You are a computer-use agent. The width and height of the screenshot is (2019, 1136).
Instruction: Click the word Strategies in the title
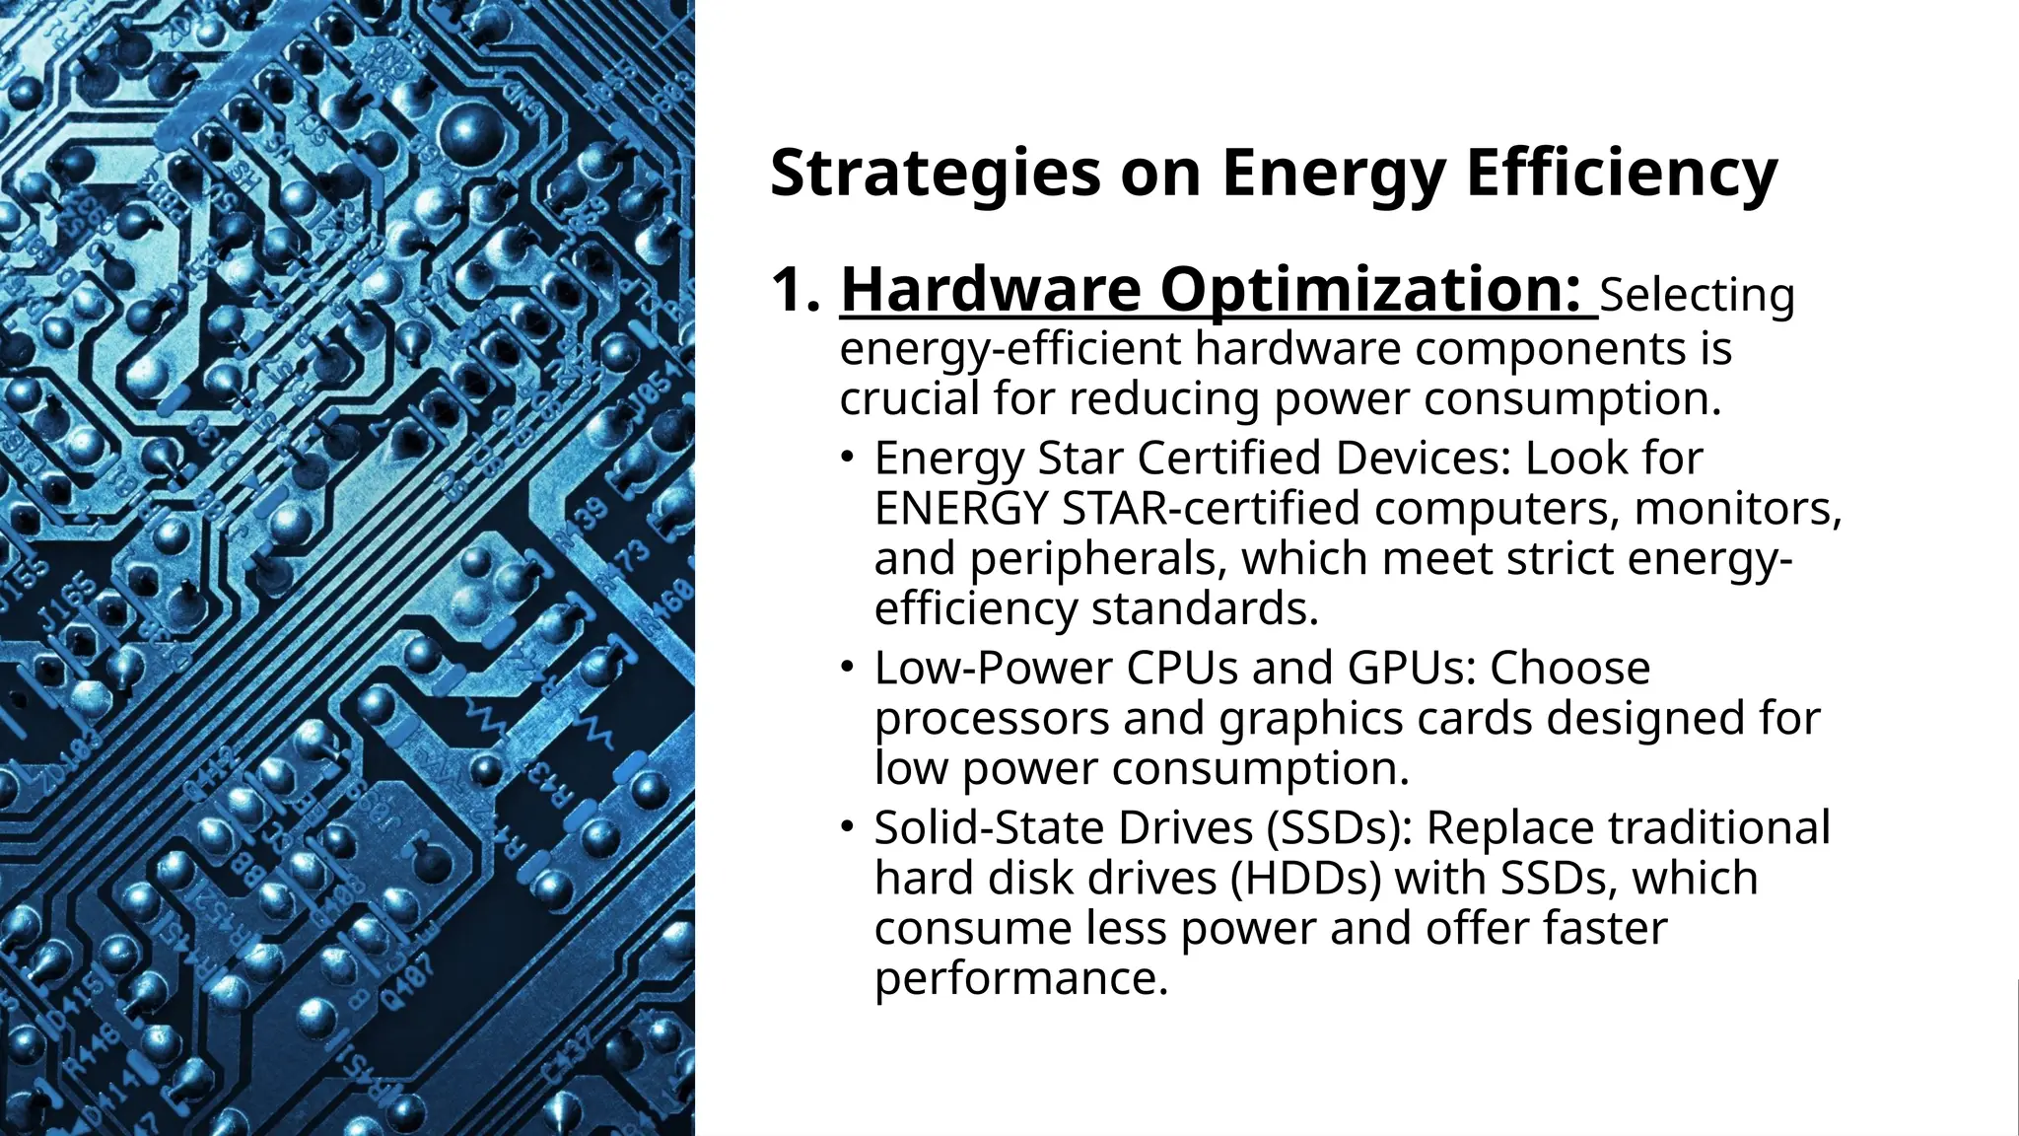[935, 174]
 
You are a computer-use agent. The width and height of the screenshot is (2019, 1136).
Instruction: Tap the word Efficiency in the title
[1622, 174]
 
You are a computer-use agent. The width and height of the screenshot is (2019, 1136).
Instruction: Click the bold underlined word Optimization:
[1371, 291]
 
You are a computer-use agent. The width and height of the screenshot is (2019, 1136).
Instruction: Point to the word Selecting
[1697, 295]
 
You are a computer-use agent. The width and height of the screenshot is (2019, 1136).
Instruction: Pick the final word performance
[1020, 978]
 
